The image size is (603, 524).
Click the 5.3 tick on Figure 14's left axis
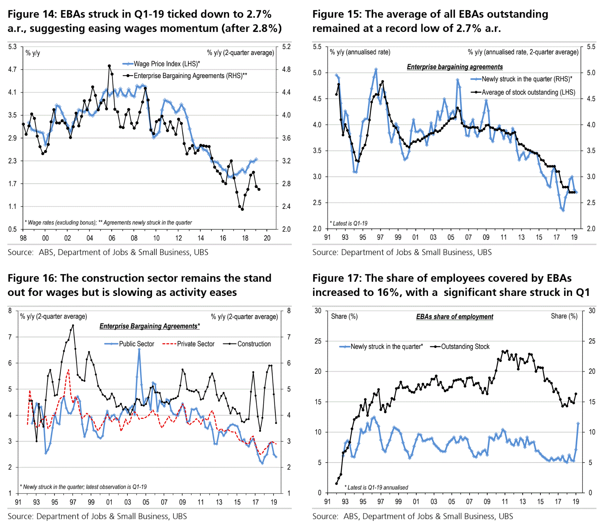pos(12,47)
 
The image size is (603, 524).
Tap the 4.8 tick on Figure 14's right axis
pos(286,70)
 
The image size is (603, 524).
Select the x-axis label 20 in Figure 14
pos(267,238)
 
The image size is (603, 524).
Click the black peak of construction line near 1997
pos(73,325)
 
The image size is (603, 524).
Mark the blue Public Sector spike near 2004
pos(139,349)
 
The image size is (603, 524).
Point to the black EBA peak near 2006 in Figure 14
pos(109,66)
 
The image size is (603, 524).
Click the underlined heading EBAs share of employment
pos(455,317)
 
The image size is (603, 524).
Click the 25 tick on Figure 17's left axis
pos(318,341)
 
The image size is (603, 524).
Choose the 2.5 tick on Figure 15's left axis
pos(317,202)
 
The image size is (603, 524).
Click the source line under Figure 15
pos(402,252)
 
